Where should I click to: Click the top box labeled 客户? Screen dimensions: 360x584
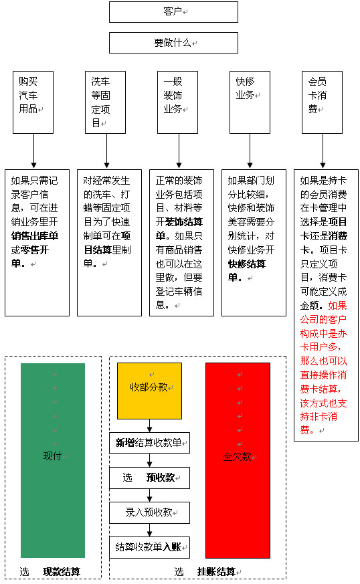(173, 12)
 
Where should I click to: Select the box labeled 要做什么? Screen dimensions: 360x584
(173, 43)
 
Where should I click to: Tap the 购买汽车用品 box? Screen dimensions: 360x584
(33, 102)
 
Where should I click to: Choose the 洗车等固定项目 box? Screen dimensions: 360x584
(106, 102)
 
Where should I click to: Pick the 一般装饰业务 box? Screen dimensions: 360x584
(178, 102)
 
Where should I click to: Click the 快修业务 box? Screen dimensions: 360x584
(250, 102)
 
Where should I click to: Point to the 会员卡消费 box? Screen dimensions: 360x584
(323, 102)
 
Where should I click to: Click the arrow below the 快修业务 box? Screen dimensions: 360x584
(250, 151)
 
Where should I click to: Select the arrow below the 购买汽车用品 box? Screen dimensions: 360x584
(34, 151)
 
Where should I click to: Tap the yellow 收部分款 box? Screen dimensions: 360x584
(149, 391)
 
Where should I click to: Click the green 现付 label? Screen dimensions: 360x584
(53, 456)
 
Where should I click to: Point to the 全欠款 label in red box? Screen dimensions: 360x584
(237, 457)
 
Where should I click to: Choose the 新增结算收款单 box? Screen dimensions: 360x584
(149, 443)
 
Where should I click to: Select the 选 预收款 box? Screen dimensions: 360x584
(149, 478)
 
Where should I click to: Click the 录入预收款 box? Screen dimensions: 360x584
(149, 513)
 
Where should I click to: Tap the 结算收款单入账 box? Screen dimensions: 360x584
(149, 547)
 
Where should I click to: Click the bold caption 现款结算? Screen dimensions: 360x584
(62, 572)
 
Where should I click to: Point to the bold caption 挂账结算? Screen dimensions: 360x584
(216, 572)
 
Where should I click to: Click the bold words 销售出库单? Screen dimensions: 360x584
(35, 236)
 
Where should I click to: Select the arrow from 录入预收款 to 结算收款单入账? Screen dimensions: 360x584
(149, 530)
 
